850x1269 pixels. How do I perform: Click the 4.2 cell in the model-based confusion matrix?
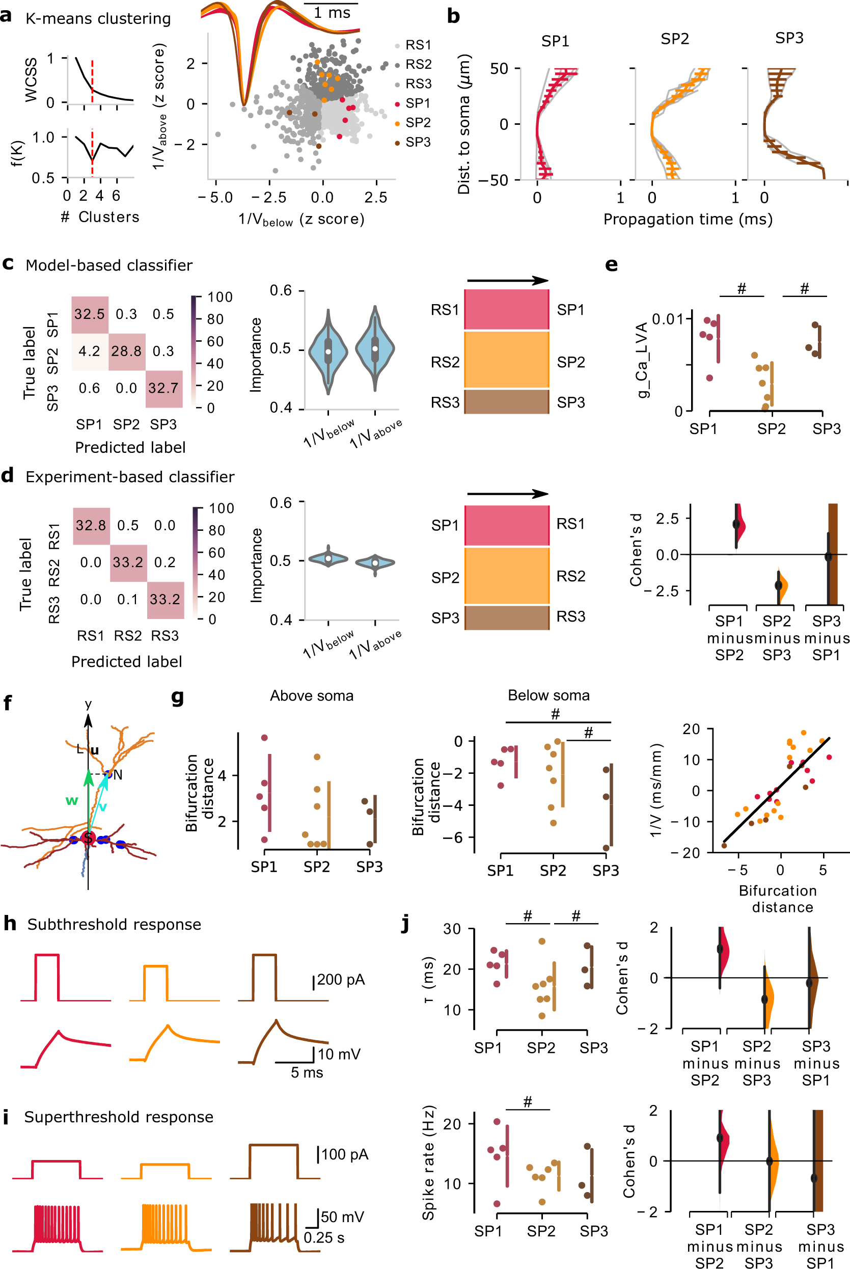(x=90, y=352)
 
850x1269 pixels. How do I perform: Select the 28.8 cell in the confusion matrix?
(x=126, y=352)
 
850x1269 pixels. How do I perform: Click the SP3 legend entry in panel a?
(x=418, y=142)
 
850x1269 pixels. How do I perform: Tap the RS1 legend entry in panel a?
(x=418, y=45)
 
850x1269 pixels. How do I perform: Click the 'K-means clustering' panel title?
(x=98, y=19)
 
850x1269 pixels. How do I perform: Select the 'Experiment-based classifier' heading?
(x=130, y=477)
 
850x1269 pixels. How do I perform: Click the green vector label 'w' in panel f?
(x=72, y=801)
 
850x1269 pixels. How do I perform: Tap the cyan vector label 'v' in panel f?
(x=102, y=807)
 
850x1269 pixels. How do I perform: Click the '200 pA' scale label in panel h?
(x=340, y=980)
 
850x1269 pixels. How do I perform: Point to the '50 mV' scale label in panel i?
(x=342, y=1217)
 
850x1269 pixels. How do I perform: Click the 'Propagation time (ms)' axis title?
(x=688, y=220)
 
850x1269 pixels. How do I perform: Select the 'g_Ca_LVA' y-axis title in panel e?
(x=642, y=361)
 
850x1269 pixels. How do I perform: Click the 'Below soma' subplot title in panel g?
(x=549, y=695)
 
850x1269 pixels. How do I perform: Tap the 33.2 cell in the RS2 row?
(x=128, y=563)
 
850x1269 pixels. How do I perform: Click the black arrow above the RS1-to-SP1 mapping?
(x=507, y=281)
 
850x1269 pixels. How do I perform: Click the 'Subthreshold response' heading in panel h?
(x=115, y=924)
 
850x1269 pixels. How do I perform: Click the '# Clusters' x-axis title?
(x=100, y=218)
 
